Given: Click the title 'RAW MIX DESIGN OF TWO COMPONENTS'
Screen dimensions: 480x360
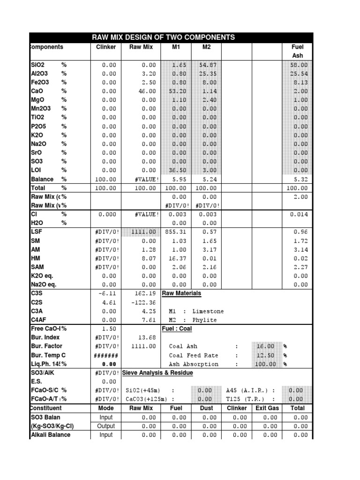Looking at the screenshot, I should tap(164, 37).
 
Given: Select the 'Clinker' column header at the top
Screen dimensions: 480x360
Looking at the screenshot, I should tap(106, 47).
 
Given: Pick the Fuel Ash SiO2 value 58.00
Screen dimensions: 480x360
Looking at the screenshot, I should tap(299, 65).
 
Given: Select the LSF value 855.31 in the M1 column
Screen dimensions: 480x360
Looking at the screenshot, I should tap(176, 232).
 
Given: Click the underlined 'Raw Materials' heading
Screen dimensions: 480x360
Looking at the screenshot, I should tap(181, 293).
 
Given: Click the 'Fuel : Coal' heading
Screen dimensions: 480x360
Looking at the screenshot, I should tap(177, 329).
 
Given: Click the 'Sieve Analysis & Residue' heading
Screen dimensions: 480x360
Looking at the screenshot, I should tap(157, 373).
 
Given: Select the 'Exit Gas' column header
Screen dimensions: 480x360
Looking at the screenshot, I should tap(267, 408).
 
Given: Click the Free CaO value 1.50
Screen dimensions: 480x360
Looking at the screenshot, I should tap(110, 329).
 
